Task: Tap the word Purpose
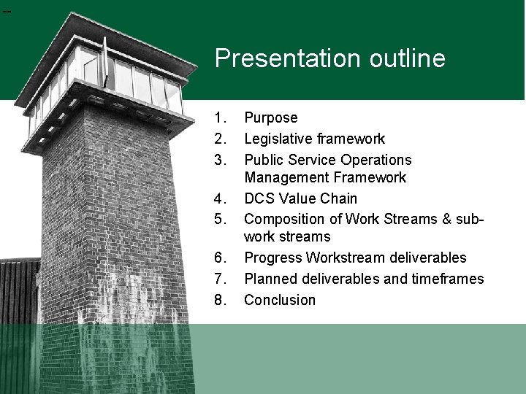click(271, 118)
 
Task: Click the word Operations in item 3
click(376, 160)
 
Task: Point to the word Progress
click(273, 258)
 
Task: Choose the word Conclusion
click(280, 300)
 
